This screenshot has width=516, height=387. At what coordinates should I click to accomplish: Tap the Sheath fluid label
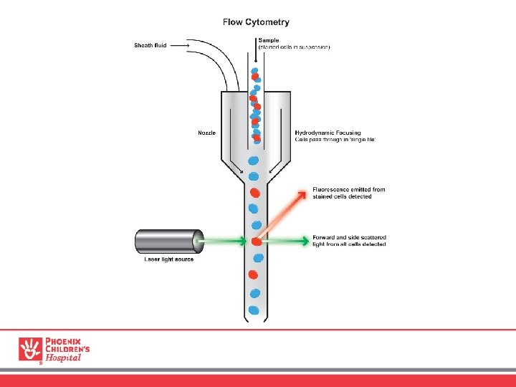click(x=150, y=45)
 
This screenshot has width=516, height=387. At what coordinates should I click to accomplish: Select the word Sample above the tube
click(x=268, y=40)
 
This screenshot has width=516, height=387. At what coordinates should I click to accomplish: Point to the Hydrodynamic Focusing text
click(x=328, y=132)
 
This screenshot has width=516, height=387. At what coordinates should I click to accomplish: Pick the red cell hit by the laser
click(x=256, y=242)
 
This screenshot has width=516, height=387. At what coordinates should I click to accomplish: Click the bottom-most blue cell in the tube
click(x=254, y=310)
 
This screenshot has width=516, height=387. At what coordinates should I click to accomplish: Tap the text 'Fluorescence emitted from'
click(x=348, y=190)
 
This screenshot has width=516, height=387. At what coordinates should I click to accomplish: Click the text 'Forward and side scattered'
click(x=348, y=237)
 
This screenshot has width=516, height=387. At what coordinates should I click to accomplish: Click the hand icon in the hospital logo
click(x=31, y=349)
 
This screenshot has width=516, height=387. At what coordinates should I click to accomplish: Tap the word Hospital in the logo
click(x=64, y=358)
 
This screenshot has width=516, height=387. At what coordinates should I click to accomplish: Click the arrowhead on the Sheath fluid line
click(x=188, y=45)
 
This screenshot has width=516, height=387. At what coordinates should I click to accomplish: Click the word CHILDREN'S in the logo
click(x=67, y=349)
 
